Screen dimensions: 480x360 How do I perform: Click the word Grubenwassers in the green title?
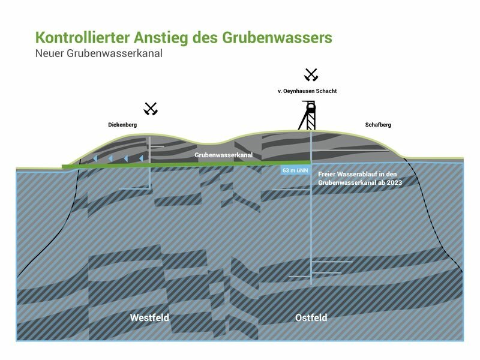(277, 38)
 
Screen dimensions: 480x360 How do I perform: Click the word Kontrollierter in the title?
(82, 38)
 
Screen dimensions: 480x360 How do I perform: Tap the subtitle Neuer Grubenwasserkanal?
(99, 53)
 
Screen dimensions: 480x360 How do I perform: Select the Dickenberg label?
(122, 125)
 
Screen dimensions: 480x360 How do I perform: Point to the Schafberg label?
(378, 125)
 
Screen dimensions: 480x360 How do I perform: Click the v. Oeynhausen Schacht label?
(307, 91)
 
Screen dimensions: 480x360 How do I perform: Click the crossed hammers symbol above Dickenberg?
(151, 109)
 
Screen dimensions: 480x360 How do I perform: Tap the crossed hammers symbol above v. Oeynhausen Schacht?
(311, 74)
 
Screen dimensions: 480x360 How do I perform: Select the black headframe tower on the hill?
(307, 115)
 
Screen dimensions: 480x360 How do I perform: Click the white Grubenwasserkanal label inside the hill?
(223, 155)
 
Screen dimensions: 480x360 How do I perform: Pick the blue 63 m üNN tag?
(295, 170)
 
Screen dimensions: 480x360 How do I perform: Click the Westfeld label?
(149, 317)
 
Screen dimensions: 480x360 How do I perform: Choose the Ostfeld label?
(311, 317)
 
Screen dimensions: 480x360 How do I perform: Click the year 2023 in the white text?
(395, 183)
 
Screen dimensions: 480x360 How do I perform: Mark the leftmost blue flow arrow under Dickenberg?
(95, 158)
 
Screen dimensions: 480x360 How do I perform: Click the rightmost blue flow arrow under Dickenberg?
(141, 158)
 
